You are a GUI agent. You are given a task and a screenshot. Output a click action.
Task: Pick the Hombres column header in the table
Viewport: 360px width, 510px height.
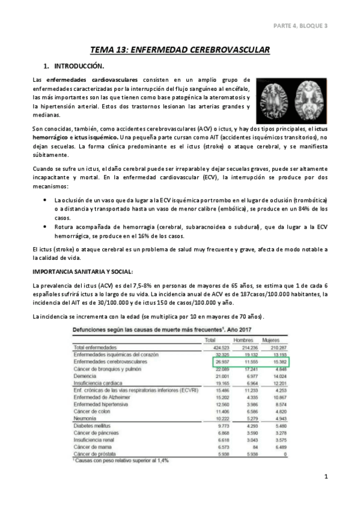point(243,340)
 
